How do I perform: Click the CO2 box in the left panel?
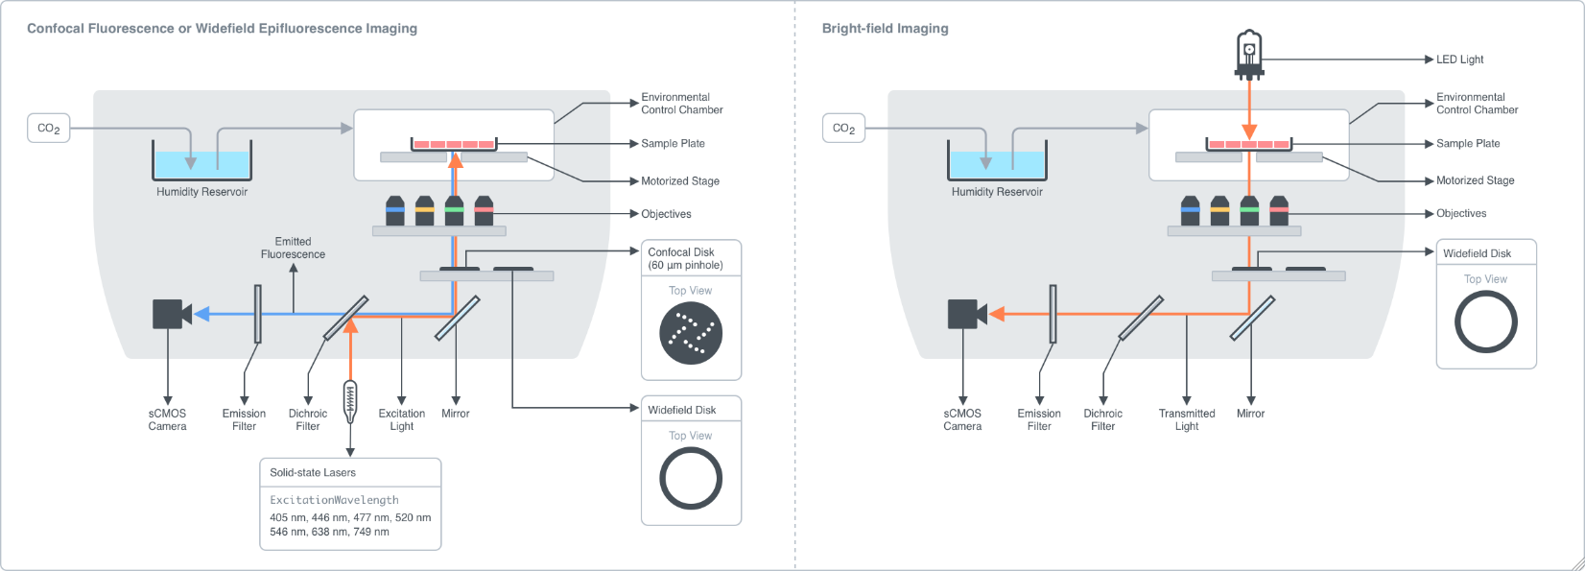(x=48, y=129)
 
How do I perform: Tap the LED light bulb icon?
(x=1248, y=53)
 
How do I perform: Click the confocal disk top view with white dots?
(x=691, y=333)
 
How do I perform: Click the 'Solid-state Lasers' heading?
(x=313, y=472)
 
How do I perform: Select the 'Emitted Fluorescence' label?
(x=293, y=248)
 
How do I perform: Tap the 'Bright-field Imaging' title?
(x=885, y=29)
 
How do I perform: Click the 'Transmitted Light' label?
(x=1187, y=419)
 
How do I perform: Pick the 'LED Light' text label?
(x=1459, y=59)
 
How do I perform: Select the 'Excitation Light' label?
(x=401, y=419)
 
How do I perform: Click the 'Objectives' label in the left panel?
(x=666, y=214)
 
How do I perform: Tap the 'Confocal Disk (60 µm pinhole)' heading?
(x=685, y=258)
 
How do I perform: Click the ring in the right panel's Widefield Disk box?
(x=1486, y=322)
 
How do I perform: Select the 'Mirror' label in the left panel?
(x=456, y=414)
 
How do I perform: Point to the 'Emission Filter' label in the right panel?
(x=1039, y=419)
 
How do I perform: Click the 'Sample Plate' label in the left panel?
(x=673, y=144)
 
